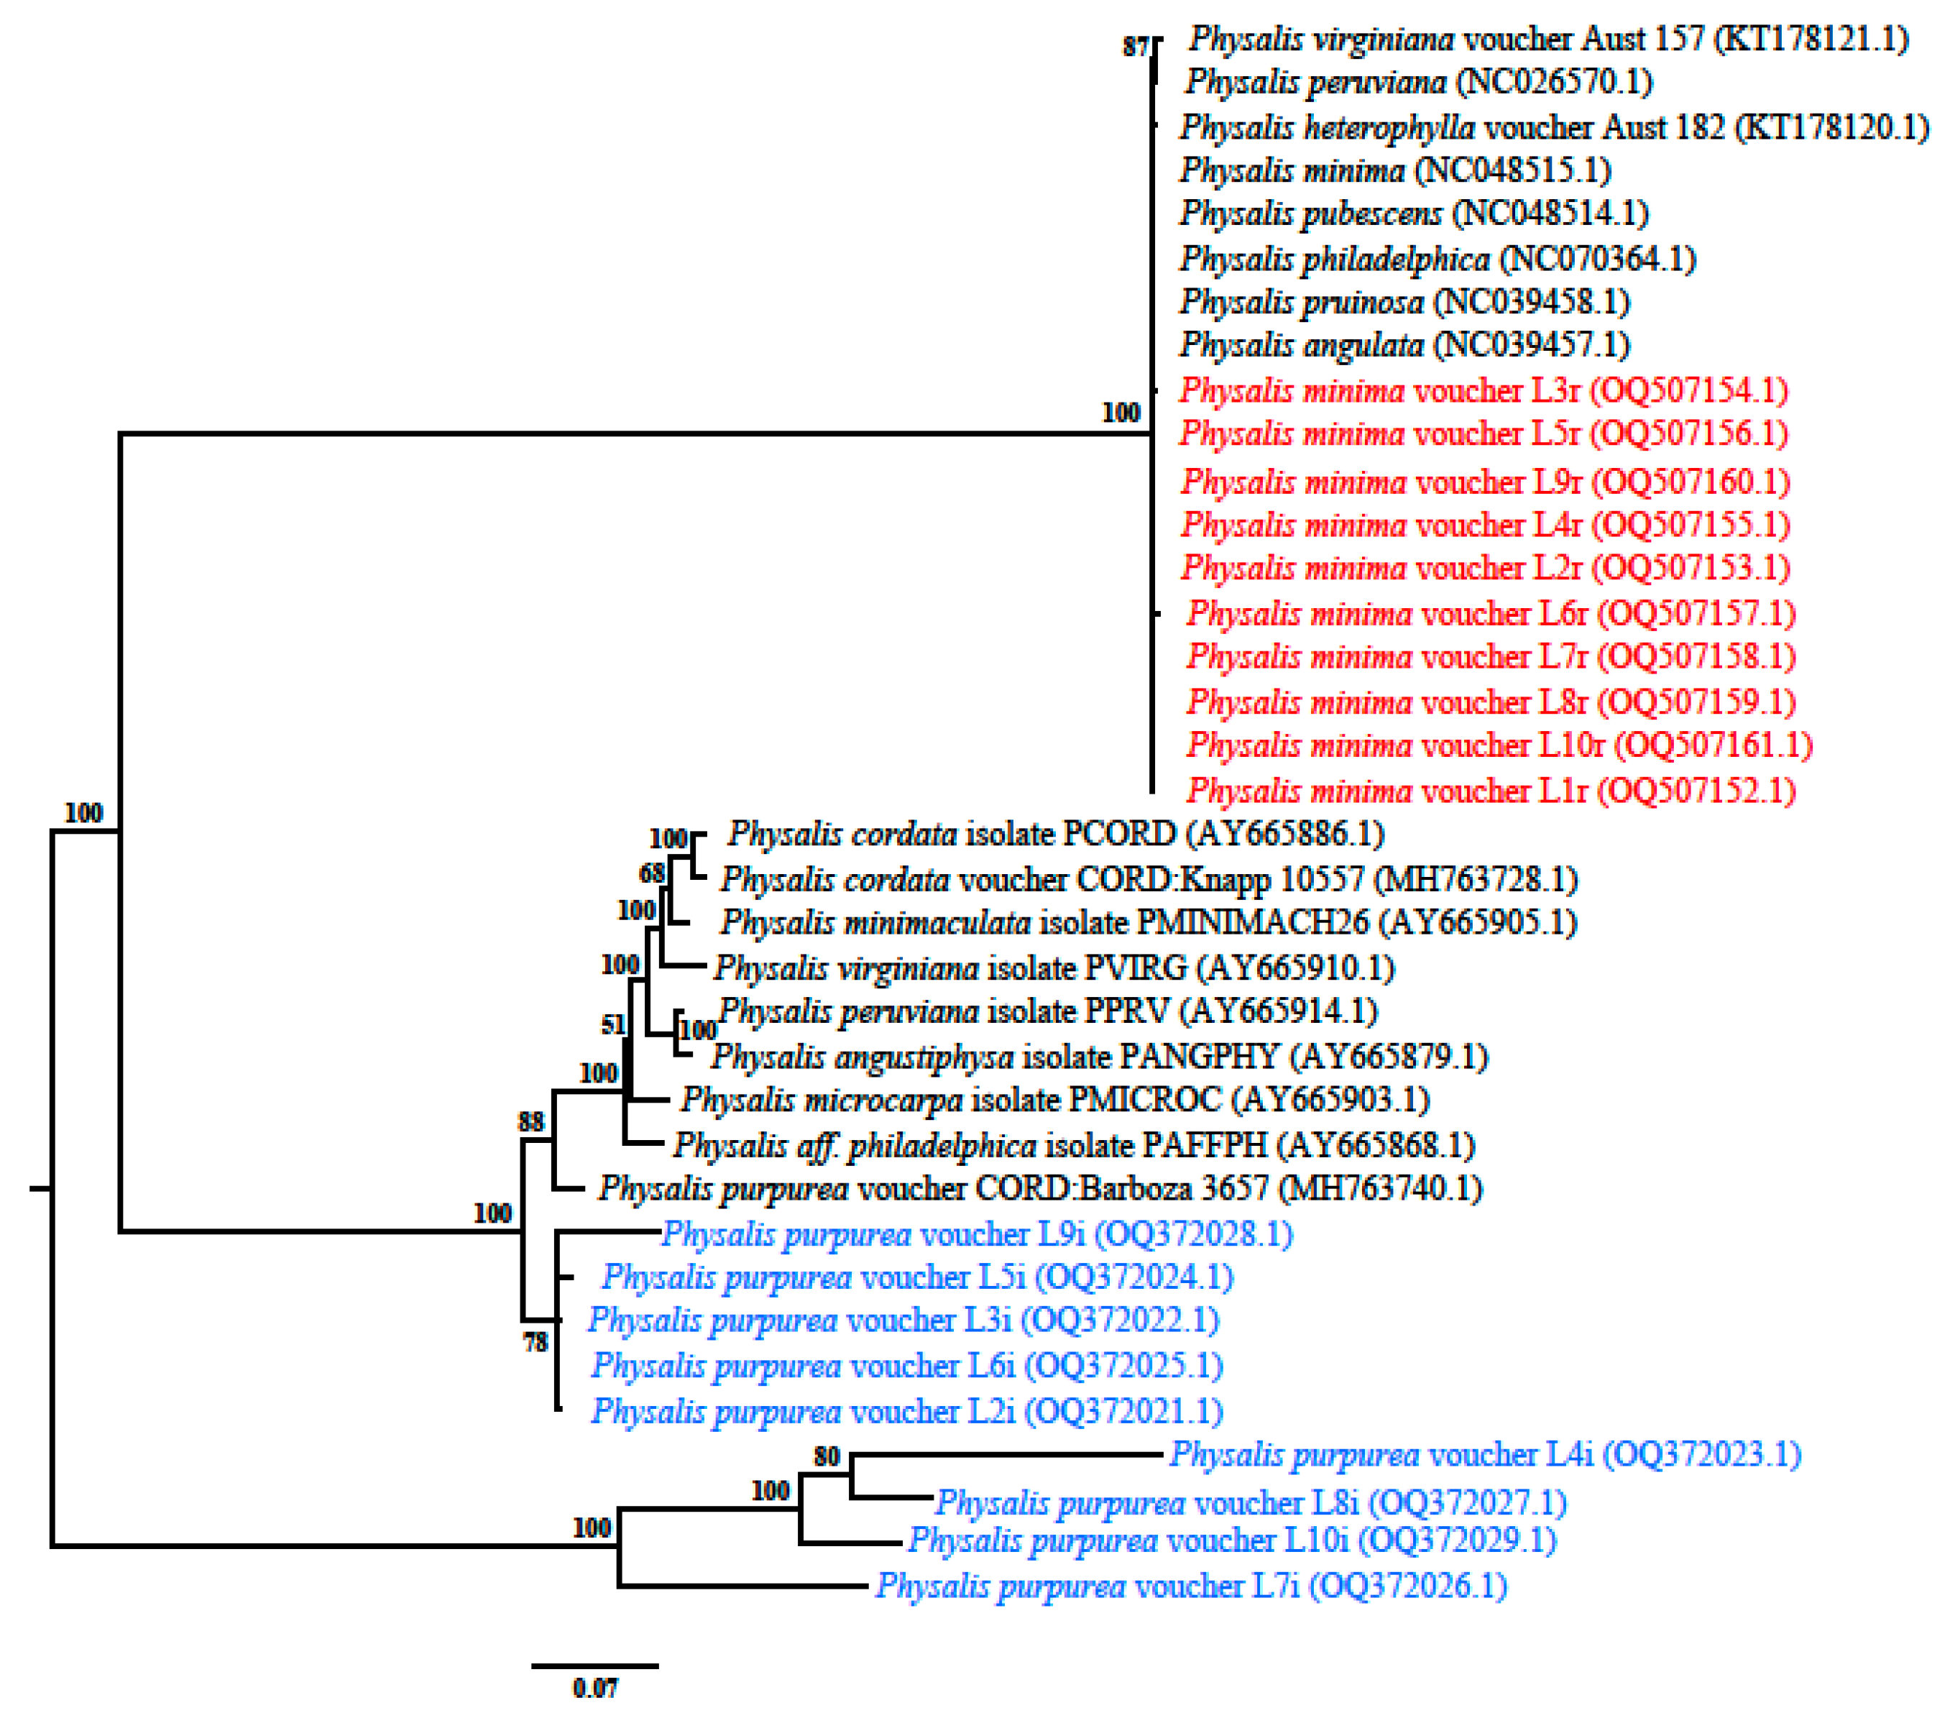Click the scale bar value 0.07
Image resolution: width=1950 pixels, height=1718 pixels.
click(x=594, y=1688)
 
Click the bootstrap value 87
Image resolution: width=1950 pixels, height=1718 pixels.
click(x=1134, y=47)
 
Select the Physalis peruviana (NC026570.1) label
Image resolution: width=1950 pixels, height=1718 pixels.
click(x=1419, y=82)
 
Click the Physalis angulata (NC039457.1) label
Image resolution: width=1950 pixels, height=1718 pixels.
click(x=1404, y=344)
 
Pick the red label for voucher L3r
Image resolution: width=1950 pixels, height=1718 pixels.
click(x=1483, y=390)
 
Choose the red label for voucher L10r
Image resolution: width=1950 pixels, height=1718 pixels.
click(x=1499, y=745)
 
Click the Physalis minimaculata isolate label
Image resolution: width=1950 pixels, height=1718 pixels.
click(x=1148, y=922)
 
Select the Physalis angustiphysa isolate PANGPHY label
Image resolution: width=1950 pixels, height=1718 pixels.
click(x=1099, y=1057)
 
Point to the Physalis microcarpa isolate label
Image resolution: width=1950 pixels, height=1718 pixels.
click(x=1054, y=1100)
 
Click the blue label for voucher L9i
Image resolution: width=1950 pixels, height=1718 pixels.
click(x=977, y=1234)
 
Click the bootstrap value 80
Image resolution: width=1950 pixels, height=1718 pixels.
click(x=826, y=1456)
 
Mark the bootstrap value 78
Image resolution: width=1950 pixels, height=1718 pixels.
click(x=535, y=1342)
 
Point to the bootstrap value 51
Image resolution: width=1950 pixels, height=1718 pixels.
click(x=613, y=1024)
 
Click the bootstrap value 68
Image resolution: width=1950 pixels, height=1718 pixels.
click(x=652, y=873)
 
